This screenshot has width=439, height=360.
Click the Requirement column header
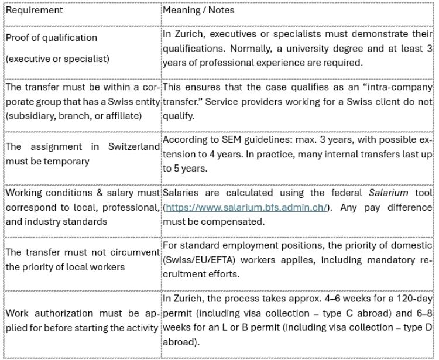(34, 11)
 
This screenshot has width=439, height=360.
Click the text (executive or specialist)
(57, 59)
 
